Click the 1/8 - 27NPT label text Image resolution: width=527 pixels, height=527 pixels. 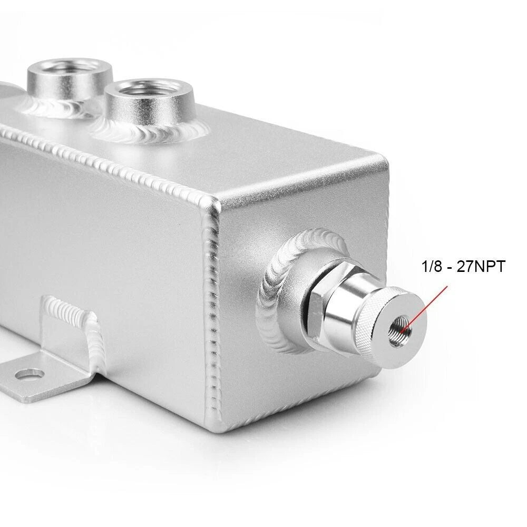[463, 267]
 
